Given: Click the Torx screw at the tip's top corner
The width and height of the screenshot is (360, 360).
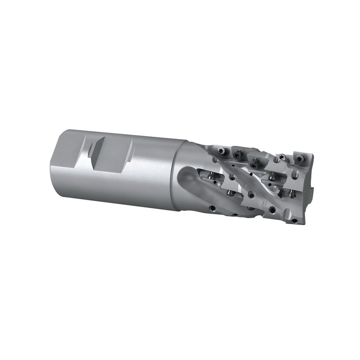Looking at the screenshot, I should tap(298, 158).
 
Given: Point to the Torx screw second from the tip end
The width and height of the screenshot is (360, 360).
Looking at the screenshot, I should tap(282, 157).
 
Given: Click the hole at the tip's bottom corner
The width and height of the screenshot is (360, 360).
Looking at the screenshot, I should tap(294, 220).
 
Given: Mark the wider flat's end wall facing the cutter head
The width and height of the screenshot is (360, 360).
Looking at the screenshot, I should tap(130, 149).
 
